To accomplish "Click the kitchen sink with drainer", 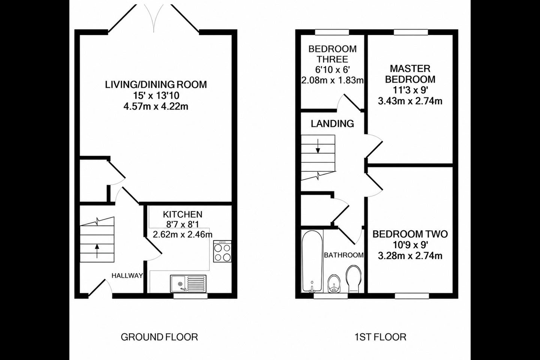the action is click(188, 283).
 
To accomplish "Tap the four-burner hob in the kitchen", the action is click(222, 251).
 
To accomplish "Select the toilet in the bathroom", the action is click(353, 279).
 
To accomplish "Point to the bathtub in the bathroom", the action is click(312, 261).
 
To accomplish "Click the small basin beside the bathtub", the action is click(334, 283).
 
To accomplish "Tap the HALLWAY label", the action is click(127, 276).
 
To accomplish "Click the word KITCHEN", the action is click(183, 214).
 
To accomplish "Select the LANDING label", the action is click(332, 124).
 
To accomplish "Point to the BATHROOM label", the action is click(344, 255).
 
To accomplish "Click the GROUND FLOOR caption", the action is click(159, 337).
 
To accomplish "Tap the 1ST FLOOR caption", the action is click(380, 337).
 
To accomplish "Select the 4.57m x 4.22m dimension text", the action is click(156, 106).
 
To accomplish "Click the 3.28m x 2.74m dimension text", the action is click(410, 256).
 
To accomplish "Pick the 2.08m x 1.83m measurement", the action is click(332, 80).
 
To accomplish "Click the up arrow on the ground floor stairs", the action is click(97, 251).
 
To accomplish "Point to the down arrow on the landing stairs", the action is click(318, 146).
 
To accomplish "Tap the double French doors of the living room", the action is click(154, 18).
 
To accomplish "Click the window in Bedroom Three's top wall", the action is click(332, 32).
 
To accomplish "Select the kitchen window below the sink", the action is click(190, 296).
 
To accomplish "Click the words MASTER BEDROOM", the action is click(410, 74).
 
